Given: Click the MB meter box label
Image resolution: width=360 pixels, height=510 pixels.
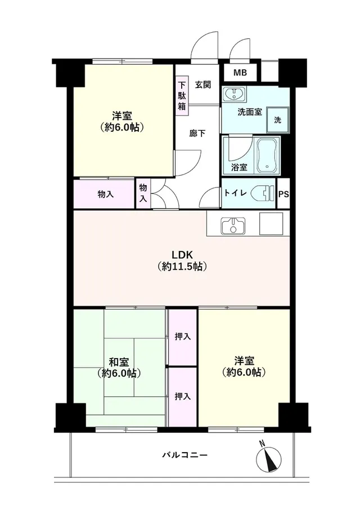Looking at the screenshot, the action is pyautogui.click(x=240, y=73).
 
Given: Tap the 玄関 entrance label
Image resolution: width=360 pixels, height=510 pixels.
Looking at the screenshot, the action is pyautogui.click(x=203, y=85).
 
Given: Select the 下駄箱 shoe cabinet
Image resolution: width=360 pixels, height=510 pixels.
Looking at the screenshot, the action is pyautogui.click(x=182, y=95).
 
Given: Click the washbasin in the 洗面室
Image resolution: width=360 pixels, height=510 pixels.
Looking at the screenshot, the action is pyautogui.click(x=233, y=94).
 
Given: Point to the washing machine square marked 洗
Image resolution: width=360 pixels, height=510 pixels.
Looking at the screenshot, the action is pyautogui.click(x=277, y=120).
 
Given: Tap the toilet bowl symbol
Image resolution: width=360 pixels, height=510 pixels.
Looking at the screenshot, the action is pyautogui.click(x=265, y=193).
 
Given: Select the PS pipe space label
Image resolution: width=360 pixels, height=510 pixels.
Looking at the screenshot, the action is pyautogui.click(x=283, y=194).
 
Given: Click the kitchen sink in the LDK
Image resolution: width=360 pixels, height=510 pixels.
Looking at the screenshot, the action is pyautogui.click(x=233, y=225).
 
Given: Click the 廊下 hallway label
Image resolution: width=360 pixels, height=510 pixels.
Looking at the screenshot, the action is pyautogui.click(x=197, y=133).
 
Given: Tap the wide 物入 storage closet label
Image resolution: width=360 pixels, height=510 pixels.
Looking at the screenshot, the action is pyautogui.click(x=106, y=195).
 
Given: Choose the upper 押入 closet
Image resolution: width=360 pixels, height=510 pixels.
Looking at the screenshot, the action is pyautogui.click(x=182, y=337).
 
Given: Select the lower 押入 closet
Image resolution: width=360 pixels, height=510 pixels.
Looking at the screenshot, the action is pyautogui.click(x=182, y=396).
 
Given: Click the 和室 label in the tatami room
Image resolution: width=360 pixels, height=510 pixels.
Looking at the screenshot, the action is pyautogui.click(x=119, y=362).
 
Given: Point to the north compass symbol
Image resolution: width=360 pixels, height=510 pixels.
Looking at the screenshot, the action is pyautogui.click(x=269, y=459).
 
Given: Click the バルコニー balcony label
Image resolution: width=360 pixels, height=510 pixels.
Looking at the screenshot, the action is pyautogui.click(x=185, y=455).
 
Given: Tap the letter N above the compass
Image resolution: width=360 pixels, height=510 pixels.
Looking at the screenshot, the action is pyautogui.click(x=262, y=443).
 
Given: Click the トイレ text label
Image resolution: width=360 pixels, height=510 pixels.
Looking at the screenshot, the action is pyautogui.click(x=236, y=193).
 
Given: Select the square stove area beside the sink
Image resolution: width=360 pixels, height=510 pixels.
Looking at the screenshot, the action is pyautogui.click(x=271, y=224).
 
